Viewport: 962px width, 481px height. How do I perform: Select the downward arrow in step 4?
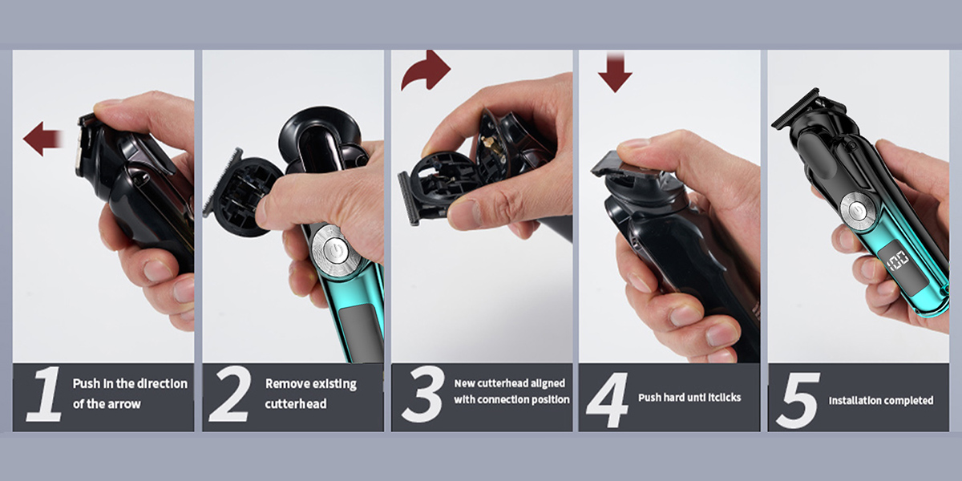point(615,73)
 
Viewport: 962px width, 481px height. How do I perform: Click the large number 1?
point(44,394)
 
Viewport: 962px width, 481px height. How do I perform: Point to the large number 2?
point(229,394)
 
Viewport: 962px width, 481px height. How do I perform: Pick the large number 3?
point(422,394)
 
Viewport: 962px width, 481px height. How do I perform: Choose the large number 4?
point(608,400)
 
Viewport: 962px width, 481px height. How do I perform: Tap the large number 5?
point(797,400)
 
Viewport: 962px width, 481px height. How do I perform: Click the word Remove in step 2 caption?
point(286,383)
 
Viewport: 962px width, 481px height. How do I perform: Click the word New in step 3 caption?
point(464,383)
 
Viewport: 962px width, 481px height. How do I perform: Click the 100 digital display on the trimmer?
point(898,262)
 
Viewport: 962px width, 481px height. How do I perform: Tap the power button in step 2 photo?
point(334,249)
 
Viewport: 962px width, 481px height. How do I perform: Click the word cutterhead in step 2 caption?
point(296,404)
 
